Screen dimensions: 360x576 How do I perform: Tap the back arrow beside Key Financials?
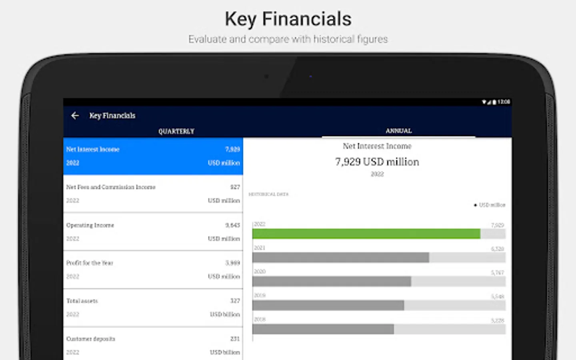click(x=75, y=116)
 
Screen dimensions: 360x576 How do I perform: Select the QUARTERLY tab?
click(x=176, y=131)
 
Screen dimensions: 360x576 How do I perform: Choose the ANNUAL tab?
click(x=398, y=131)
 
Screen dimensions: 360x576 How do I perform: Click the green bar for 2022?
click(x=366, y=234)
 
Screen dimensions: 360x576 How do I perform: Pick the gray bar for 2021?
click(x=340, y=258)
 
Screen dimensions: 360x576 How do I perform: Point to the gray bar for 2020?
click(x=331, y=281)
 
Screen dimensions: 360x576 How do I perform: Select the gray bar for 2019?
click(x=328, y=306)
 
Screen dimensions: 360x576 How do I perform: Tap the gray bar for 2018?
click(x=323, y=329)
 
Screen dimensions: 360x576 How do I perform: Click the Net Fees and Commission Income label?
click(x=111, y=187)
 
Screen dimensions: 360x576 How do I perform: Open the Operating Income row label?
click(x=90, y=225)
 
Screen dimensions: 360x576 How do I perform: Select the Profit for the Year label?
click(x=90, y=263)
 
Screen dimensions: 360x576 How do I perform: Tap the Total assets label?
click(x=82, y=301)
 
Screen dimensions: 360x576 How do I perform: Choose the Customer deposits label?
click(x=90, y=339)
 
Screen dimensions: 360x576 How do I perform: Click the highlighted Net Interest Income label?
click(x=93, y=149)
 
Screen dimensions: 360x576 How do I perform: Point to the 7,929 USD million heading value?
click(x=377, y=162)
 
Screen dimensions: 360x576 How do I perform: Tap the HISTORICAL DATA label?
click(x=268, y=194)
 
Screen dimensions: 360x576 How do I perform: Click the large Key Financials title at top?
click(x=288, y=19)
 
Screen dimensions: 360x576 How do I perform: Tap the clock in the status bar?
click(x=504, y=102)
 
